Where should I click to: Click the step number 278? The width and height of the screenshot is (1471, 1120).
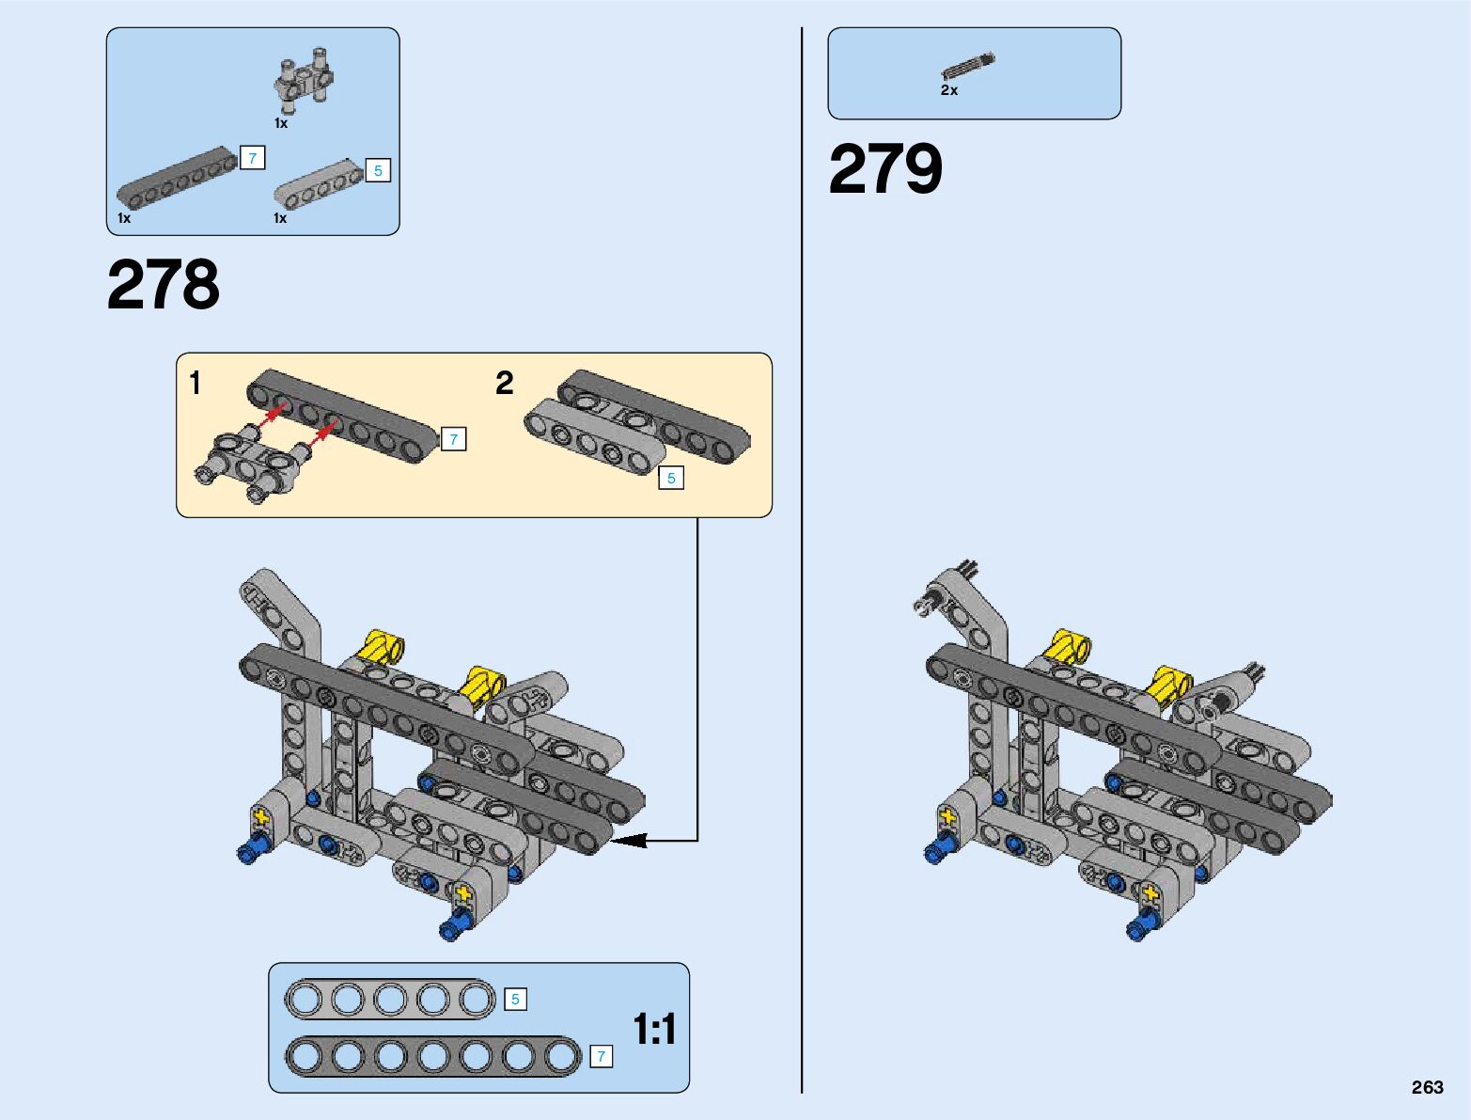pos(164,285)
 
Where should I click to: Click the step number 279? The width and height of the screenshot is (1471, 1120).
pos(884,170)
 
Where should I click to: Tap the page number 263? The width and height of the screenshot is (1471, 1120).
pos(1427,1087)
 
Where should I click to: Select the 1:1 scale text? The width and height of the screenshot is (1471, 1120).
pos(654,1030)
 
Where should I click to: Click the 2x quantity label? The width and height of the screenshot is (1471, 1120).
pos(949,90)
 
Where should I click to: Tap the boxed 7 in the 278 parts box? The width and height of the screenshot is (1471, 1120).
pos(252,158)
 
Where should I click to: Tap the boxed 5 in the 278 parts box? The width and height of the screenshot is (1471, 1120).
pos(378,170)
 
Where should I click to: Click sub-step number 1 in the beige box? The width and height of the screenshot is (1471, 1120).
pos(195,384)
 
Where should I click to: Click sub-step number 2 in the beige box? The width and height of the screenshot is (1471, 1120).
pos(505,384)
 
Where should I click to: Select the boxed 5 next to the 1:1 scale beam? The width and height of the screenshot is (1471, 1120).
pos(515,1000)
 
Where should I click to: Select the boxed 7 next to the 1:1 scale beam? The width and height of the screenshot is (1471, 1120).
pos(601,1057)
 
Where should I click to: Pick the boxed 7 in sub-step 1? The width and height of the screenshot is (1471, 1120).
pos(453,439)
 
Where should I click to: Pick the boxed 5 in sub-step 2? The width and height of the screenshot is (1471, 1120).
pos(671,478)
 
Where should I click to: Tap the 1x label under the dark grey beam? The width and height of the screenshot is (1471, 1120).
pos(124,218)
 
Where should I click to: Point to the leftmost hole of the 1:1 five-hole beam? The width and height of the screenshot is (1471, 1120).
pos(304,999)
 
